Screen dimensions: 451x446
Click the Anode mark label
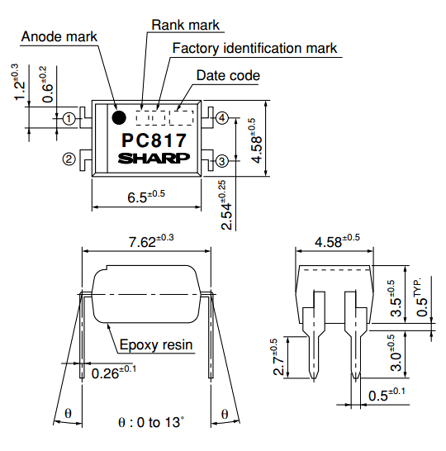(x=59, y=36)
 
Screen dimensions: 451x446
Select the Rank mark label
(x=186, y=25)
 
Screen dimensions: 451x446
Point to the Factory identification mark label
(x=254, y=48)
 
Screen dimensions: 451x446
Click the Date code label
(x=228, y=76)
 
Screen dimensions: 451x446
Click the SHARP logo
(x=154, y=159)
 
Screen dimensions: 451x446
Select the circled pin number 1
(x=69, y=119)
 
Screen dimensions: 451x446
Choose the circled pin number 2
(x=69, y=159)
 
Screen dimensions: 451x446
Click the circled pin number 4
(x=222, y=119)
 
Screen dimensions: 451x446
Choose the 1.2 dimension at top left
(x=17, y=83)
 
